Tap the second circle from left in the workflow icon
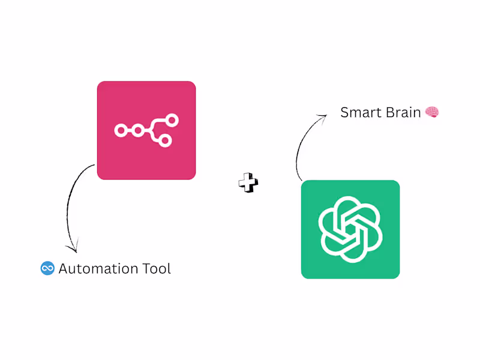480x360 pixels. coord(138,130)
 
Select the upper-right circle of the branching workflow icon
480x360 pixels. coord(172,121)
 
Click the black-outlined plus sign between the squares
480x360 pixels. coord(248,183)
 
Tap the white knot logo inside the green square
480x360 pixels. coord(350,229)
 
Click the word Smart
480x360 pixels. coord(359,112)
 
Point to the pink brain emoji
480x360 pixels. coord(432,112)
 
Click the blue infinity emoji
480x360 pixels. coord(47,268)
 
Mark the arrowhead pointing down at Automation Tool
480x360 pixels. coord(73,247)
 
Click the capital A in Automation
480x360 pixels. coord(64,268)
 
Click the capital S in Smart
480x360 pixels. coord(345,112)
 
